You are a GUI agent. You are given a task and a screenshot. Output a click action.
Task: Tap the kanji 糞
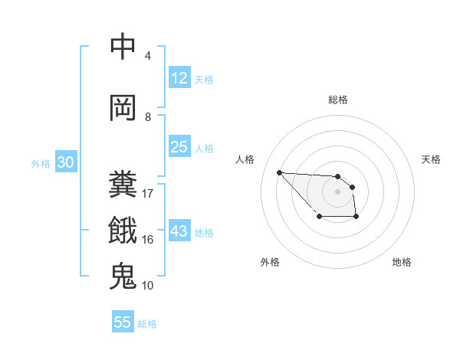tap(123, 185)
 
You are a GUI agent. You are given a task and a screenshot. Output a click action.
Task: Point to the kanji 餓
tap(123, 230)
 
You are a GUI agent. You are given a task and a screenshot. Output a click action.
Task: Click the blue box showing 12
tap(179, 78)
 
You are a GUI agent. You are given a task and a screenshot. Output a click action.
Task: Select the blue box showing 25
tap(179, 147)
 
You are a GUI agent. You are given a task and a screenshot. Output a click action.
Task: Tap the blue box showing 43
tap(179, 232)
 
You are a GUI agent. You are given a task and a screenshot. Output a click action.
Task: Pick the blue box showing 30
tap(65, 163)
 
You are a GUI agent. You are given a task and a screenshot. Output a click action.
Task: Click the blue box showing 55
tap(123, 322)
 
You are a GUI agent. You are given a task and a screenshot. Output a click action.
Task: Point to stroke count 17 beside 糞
tap(148, 193)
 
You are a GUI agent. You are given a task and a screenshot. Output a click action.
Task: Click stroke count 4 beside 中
tap(148, 56)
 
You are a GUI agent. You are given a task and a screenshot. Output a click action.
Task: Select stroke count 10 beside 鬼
tap(148, 286)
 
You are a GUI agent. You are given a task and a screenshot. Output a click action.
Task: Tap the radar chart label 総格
tap(338, 100)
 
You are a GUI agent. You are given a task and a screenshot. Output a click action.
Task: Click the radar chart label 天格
tap(432, 159)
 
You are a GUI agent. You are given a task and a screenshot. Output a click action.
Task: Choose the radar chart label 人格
tap(245, 159)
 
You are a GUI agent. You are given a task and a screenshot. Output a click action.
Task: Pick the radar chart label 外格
tap(270, 262)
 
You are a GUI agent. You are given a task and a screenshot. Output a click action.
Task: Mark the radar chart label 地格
tap(402, 262)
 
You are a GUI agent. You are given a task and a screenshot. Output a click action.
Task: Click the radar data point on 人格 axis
tap(279, 172)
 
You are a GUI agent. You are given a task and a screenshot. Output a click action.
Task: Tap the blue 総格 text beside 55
tap(147, 324)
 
